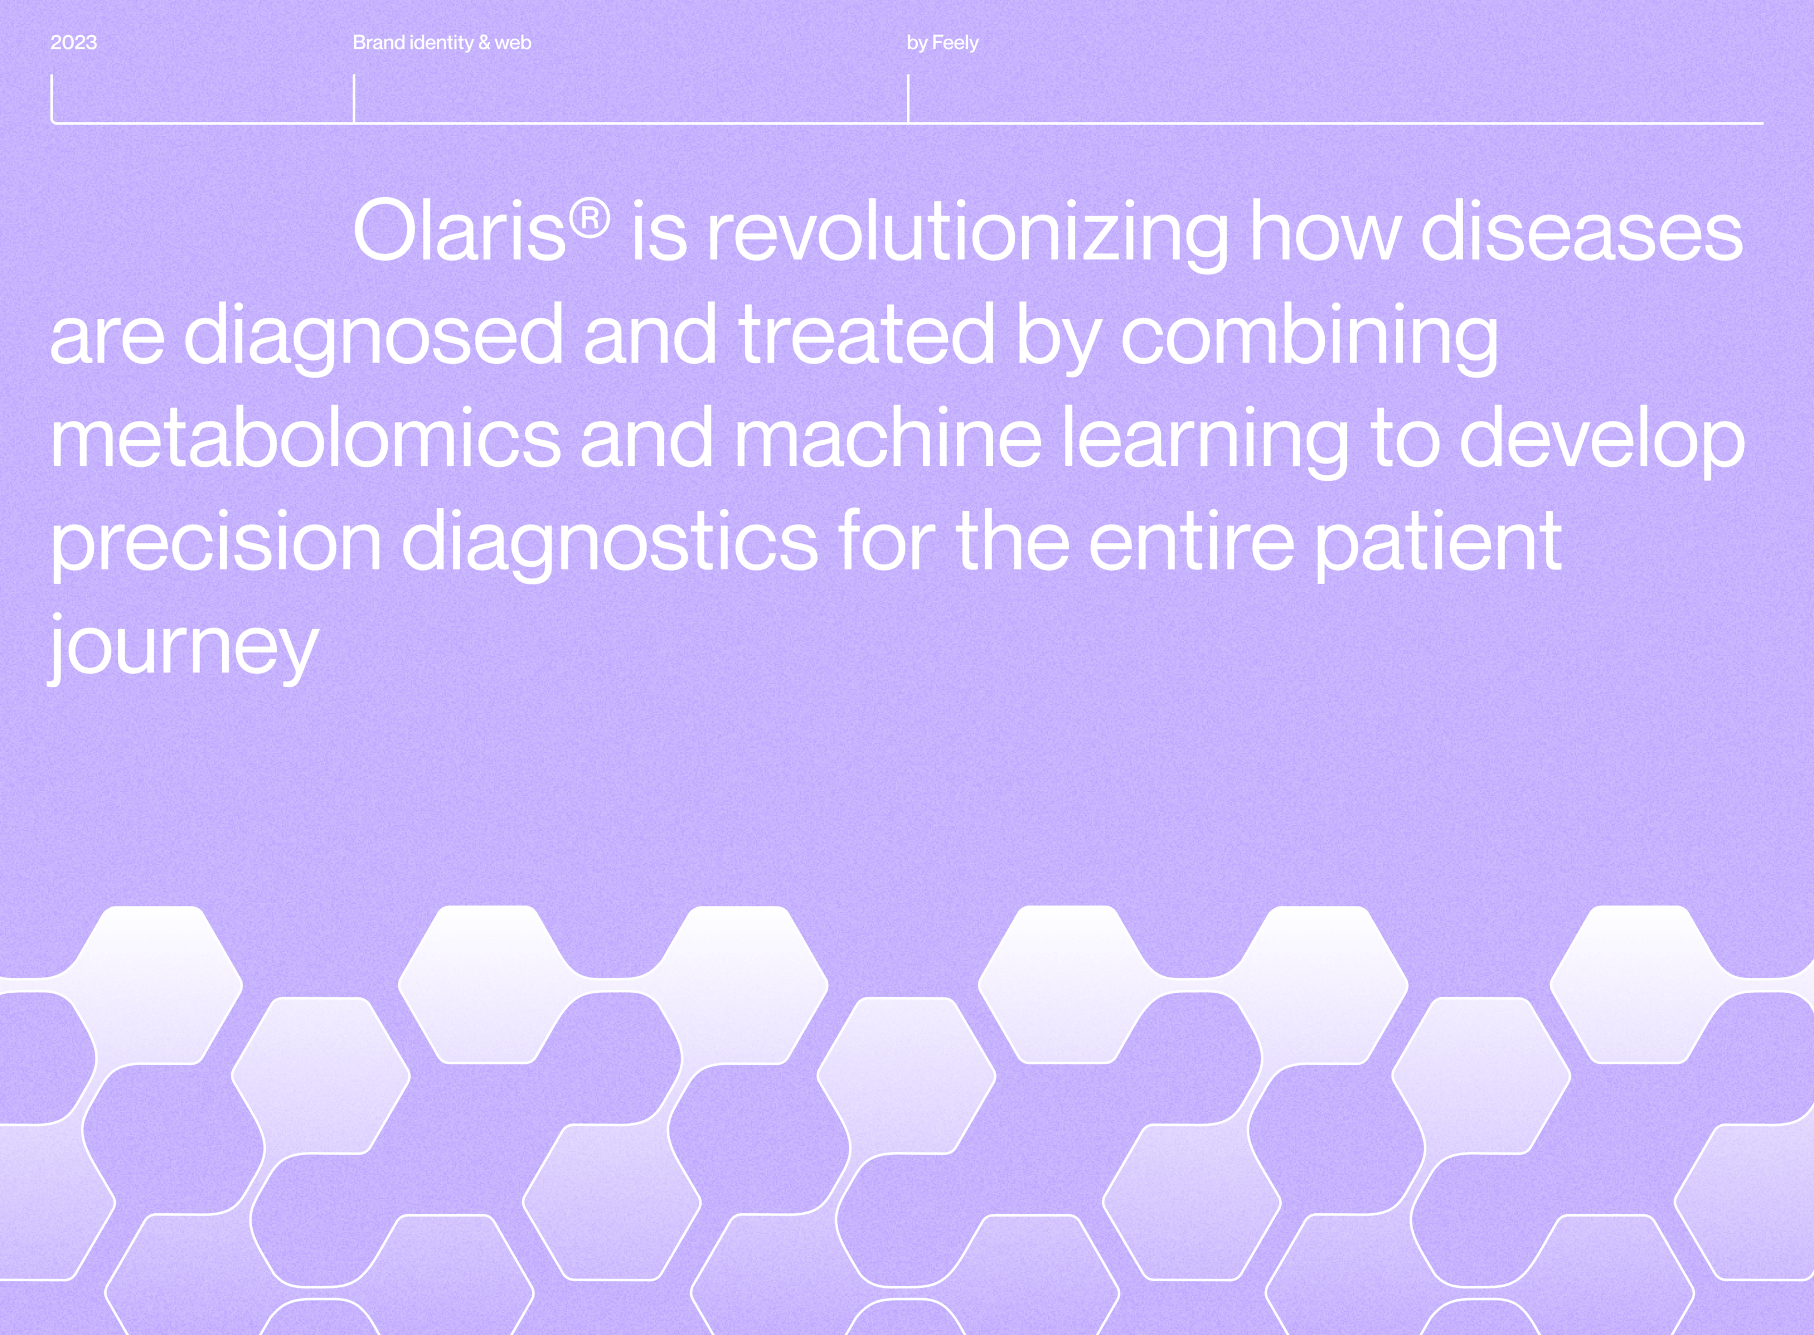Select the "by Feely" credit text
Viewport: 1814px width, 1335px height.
pos(943,43)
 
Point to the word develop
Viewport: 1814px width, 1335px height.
pos(1602,442)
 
